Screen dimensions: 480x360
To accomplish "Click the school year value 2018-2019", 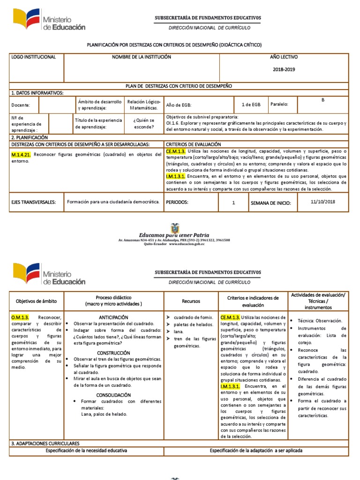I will coord(284,69).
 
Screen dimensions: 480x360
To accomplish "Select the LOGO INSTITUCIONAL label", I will coord(33,57).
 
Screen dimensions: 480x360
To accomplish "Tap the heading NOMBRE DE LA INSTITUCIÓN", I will coord(141,57).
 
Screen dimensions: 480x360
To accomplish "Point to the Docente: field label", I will coord(22,105).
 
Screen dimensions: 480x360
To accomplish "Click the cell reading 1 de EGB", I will coord(251,105).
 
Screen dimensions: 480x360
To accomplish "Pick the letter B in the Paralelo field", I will coord(322,100).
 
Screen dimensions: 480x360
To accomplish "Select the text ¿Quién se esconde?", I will coord(143,123).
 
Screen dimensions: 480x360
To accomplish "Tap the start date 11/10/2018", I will coord(323,202).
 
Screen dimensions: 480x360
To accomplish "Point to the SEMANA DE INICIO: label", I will coord(270,203).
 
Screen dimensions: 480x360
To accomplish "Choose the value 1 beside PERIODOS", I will coord(233,203).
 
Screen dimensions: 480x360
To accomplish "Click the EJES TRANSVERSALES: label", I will coord(33,202).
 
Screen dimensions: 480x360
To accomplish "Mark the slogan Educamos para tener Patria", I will coord(174,235).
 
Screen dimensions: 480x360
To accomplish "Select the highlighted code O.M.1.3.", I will coord(20,317).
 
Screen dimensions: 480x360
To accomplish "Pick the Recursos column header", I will coord(191,301).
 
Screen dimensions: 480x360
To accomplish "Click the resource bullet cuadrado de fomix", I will coord(193,317).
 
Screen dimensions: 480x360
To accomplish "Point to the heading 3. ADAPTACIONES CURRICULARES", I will coord(45,443).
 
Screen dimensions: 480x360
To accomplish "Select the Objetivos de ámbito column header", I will coord(36,301).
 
